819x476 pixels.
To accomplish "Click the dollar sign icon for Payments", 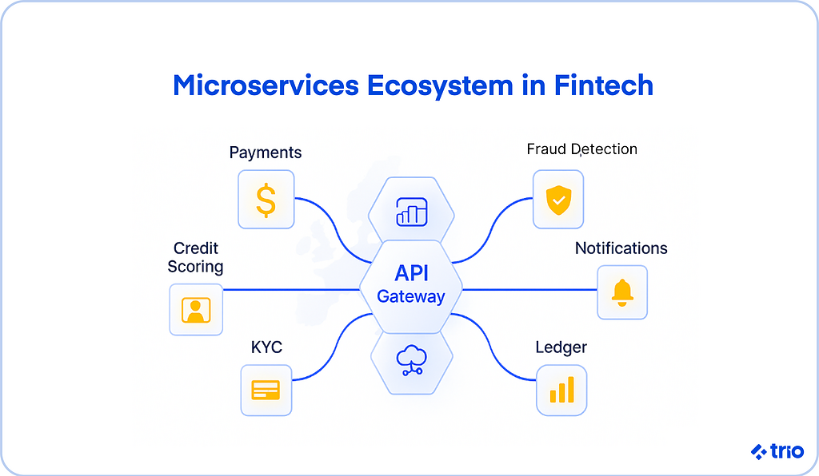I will (266, 200).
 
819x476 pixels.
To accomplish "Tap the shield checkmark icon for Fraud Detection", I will (558, 199).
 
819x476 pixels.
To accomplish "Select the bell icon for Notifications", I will (622, 292).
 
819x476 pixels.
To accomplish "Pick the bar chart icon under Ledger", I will (561, 390).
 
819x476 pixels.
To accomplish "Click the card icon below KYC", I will (266, 390).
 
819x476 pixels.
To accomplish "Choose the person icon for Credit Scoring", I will (196, 309).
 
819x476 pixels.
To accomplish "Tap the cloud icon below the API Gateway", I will (411, 360).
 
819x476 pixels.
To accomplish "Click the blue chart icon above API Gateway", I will (411, 213).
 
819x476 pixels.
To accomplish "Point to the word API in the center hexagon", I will (411, 272).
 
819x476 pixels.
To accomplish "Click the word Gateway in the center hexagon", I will (411, 296).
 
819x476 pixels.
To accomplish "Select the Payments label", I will (266, 152).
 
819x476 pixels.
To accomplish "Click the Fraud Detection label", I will (581, 149).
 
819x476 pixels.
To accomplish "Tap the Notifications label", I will (621, 248).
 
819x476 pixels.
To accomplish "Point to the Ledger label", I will (561, 347).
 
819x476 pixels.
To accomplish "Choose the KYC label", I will (266, 347).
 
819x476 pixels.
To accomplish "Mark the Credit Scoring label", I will (195, 257).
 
